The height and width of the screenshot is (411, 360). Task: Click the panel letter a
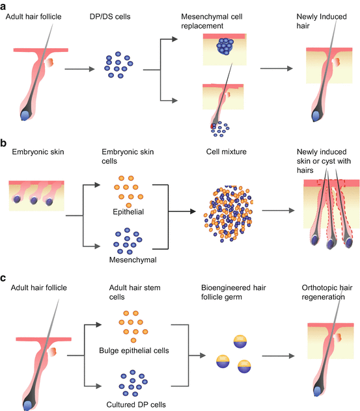pyautogui.click(x=5, y=5)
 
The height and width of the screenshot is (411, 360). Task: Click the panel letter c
pyautogui.click(x=5, y=277)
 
